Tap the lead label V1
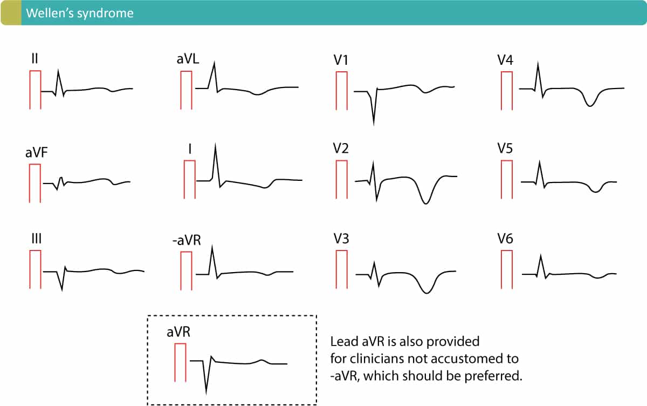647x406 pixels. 341,60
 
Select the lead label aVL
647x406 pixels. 188,59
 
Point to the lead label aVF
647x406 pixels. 36,153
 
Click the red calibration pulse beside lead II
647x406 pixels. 36,90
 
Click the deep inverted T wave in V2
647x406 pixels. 426,203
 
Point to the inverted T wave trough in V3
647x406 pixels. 426,293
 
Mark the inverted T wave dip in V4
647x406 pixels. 590,106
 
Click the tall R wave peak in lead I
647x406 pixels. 215,144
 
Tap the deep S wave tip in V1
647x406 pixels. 373,124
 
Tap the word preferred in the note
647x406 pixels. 499,376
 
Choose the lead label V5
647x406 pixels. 506,150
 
